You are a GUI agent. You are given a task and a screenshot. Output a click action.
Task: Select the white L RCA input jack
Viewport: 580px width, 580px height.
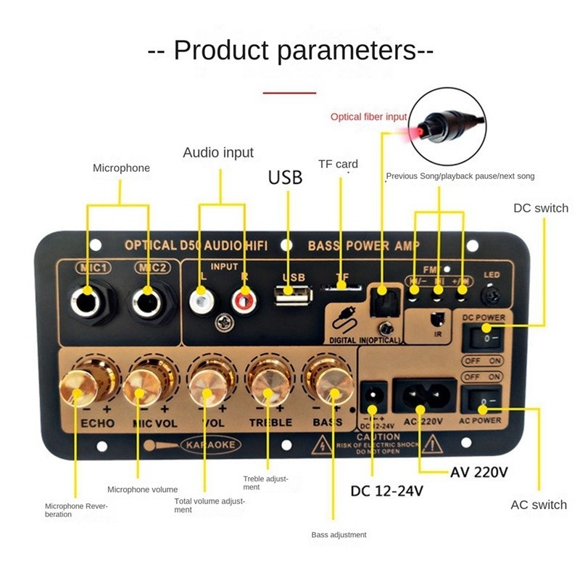[x=202, y=297]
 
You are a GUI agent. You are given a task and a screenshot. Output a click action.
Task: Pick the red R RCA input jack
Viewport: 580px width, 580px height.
[x=243, y=297]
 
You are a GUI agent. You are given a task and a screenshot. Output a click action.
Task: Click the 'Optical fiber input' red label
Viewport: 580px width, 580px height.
[x=368, y=117]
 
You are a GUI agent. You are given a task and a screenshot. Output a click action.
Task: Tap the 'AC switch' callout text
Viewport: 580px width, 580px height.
[x=539, y=505]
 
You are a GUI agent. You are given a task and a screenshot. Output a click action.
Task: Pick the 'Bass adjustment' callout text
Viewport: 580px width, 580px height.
[x=339, y=535]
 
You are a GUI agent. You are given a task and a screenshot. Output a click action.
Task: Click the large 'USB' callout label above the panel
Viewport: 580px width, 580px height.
[x=285, y=177]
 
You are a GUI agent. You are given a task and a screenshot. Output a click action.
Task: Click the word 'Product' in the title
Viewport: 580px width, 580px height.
[x=221, y=51]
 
